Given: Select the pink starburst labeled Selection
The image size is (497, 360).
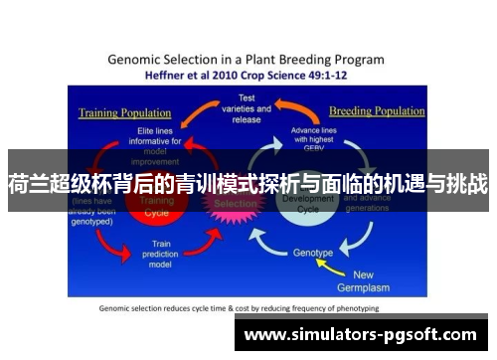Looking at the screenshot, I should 236,204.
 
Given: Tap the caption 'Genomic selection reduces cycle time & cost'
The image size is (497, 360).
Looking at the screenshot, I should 239,307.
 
